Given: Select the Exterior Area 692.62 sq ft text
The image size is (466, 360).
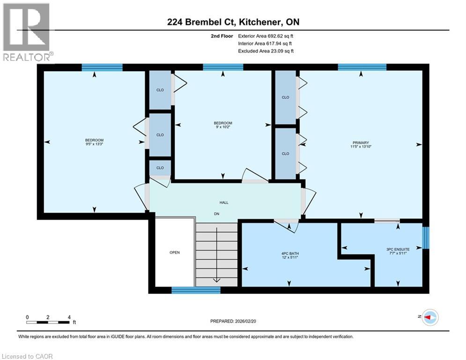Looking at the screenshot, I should point(266,36).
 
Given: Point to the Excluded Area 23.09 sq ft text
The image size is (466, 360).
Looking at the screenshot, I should point(266,51).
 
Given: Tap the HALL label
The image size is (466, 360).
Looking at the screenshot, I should point(224,202).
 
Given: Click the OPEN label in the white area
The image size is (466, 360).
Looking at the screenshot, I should point(174,253).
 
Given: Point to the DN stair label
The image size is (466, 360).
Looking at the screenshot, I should point(217,214).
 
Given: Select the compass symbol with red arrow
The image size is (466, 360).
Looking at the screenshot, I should point(430,317).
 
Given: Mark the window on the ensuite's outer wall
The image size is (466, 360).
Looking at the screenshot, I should point(425,238).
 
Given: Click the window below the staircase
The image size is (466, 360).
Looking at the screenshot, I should point(196,290).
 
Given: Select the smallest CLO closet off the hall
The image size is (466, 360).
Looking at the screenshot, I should point(160,168).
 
